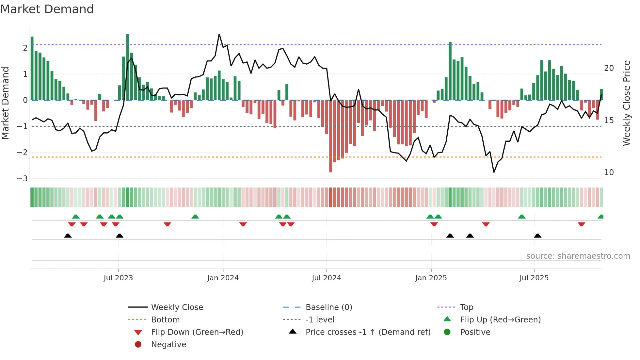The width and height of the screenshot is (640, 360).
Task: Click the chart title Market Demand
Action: coord(47,9)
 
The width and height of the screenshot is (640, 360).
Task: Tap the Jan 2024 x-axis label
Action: coord(223,278)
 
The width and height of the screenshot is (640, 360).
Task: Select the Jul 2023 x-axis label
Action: coord(118,278)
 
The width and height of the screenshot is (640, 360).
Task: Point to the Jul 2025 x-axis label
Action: coord(534,278)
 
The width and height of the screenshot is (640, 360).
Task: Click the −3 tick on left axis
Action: coord(22,179)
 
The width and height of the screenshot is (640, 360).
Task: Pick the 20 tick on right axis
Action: coord(609,68)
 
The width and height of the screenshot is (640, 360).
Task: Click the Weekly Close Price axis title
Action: coord(626,103)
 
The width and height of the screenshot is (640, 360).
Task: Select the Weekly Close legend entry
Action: coord(177,307)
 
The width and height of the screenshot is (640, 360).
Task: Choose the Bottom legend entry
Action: coord(165,320)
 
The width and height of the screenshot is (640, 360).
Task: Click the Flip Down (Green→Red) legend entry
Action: coord(197,332)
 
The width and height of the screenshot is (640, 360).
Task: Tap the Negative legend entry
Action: coord(168,345)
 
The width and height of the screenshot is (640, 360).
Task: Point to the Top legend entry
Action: coord(466,307)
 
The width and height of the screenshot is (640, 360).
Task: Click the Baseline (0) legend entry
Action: coord(328,307)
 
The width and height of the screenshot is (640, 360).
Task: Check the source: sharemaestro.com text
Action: coord(578,256)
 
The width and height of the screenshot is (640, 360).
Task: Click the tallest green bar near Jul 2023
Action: coord(127,67)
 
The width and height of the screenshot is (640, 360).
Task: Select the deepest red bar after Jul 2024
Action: coord(330,136)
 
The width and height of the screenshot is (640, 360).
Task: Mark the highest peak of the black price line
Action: coord(219,34)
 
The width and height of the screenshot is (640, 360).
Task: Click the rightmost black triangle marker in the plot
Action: coord(537,236)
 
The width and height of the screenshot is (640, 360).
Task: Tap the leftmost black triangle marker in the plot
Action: coord(68,236)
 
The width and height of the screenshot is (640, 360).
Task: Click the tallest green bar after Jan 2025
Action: coord(450,71)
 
